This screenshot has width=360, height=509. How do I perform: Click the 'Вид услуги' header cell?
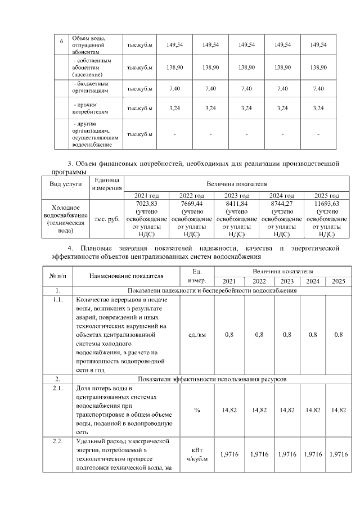pyautogui.click(x=66, y=183)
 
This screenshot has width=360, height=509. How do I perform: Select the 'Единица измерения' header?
pyautogui.click(x=107, y=183)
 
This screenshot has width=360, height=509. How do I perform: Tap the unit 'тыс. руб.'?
pyautogui.click(x=107, y=219)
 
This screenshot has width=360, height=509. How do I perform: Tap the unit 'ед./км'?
pyautogui.click(x=197, y=335)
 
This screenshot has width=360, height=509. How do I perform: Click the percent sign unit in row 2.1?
pyautogui.click(x=197, y=410)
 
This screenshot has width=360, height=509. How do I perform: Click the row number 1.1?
pyautogui.click(x=58, y=300)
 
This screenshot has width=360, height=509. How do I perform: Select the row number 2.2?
pyautogui.click(x=58, y=440)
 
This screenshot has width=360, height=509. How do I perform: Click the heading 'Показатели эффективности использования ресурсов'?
pyautogui.click(x=213, y=380)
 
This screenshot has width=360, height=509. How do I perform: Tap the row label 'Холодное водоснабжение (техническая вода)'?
pyautogui.click(x=66, y=219)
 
